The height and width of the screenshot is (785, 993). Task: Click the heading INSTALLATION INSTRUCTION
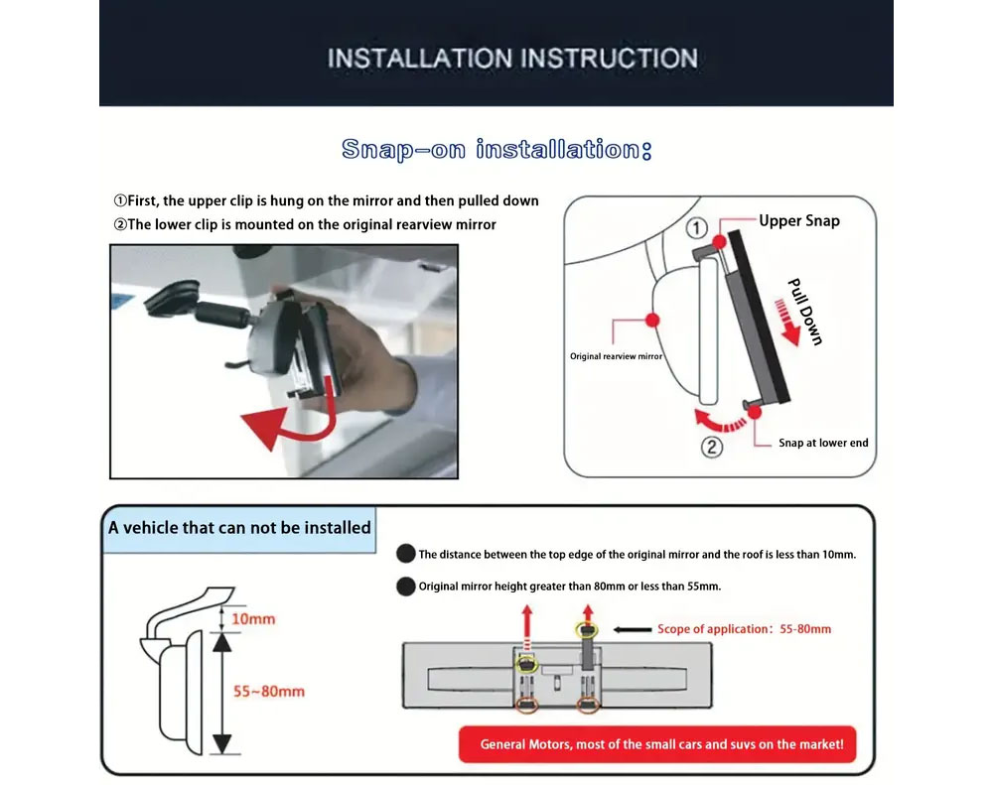(512, 59)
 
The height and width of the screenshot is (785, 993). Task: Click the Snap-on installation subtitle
(496, 150)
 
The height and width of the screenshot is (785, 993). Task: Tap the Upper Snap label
(799, 221)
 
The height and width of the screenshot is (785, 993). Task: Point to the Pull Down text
(805, 312)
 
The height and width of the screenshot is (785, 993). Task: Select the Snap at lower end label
(823, 443)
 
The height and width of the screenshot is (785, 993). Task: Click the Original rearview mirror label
(617, 356)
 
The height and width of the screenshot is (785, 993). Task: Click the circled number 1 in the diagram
(697, 228)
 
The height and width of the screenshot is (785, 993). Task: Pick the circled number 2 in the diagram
(712, 447)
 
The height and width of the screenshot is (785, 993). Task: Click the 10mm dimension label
(253, 618)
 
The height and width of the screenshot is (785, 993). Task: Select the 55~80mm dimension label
(268, 691)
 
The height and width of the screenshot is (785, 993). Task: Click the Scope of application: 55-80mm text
(744, 628)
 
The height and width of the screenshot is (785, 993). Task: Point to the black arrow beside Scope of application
(633, 629)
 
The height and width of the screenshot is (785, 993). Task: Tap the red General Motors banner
(657, 744)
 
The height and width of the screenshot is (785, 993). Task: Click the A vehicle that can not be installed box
(239, 528)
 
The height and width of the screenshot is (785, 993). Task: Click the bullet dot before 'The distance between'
(406, 554)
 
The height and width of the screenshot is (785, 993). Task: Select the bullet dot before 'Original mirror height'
(406, 587)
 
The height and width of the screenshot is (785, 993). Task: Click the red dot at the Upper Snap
(719, 242)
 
